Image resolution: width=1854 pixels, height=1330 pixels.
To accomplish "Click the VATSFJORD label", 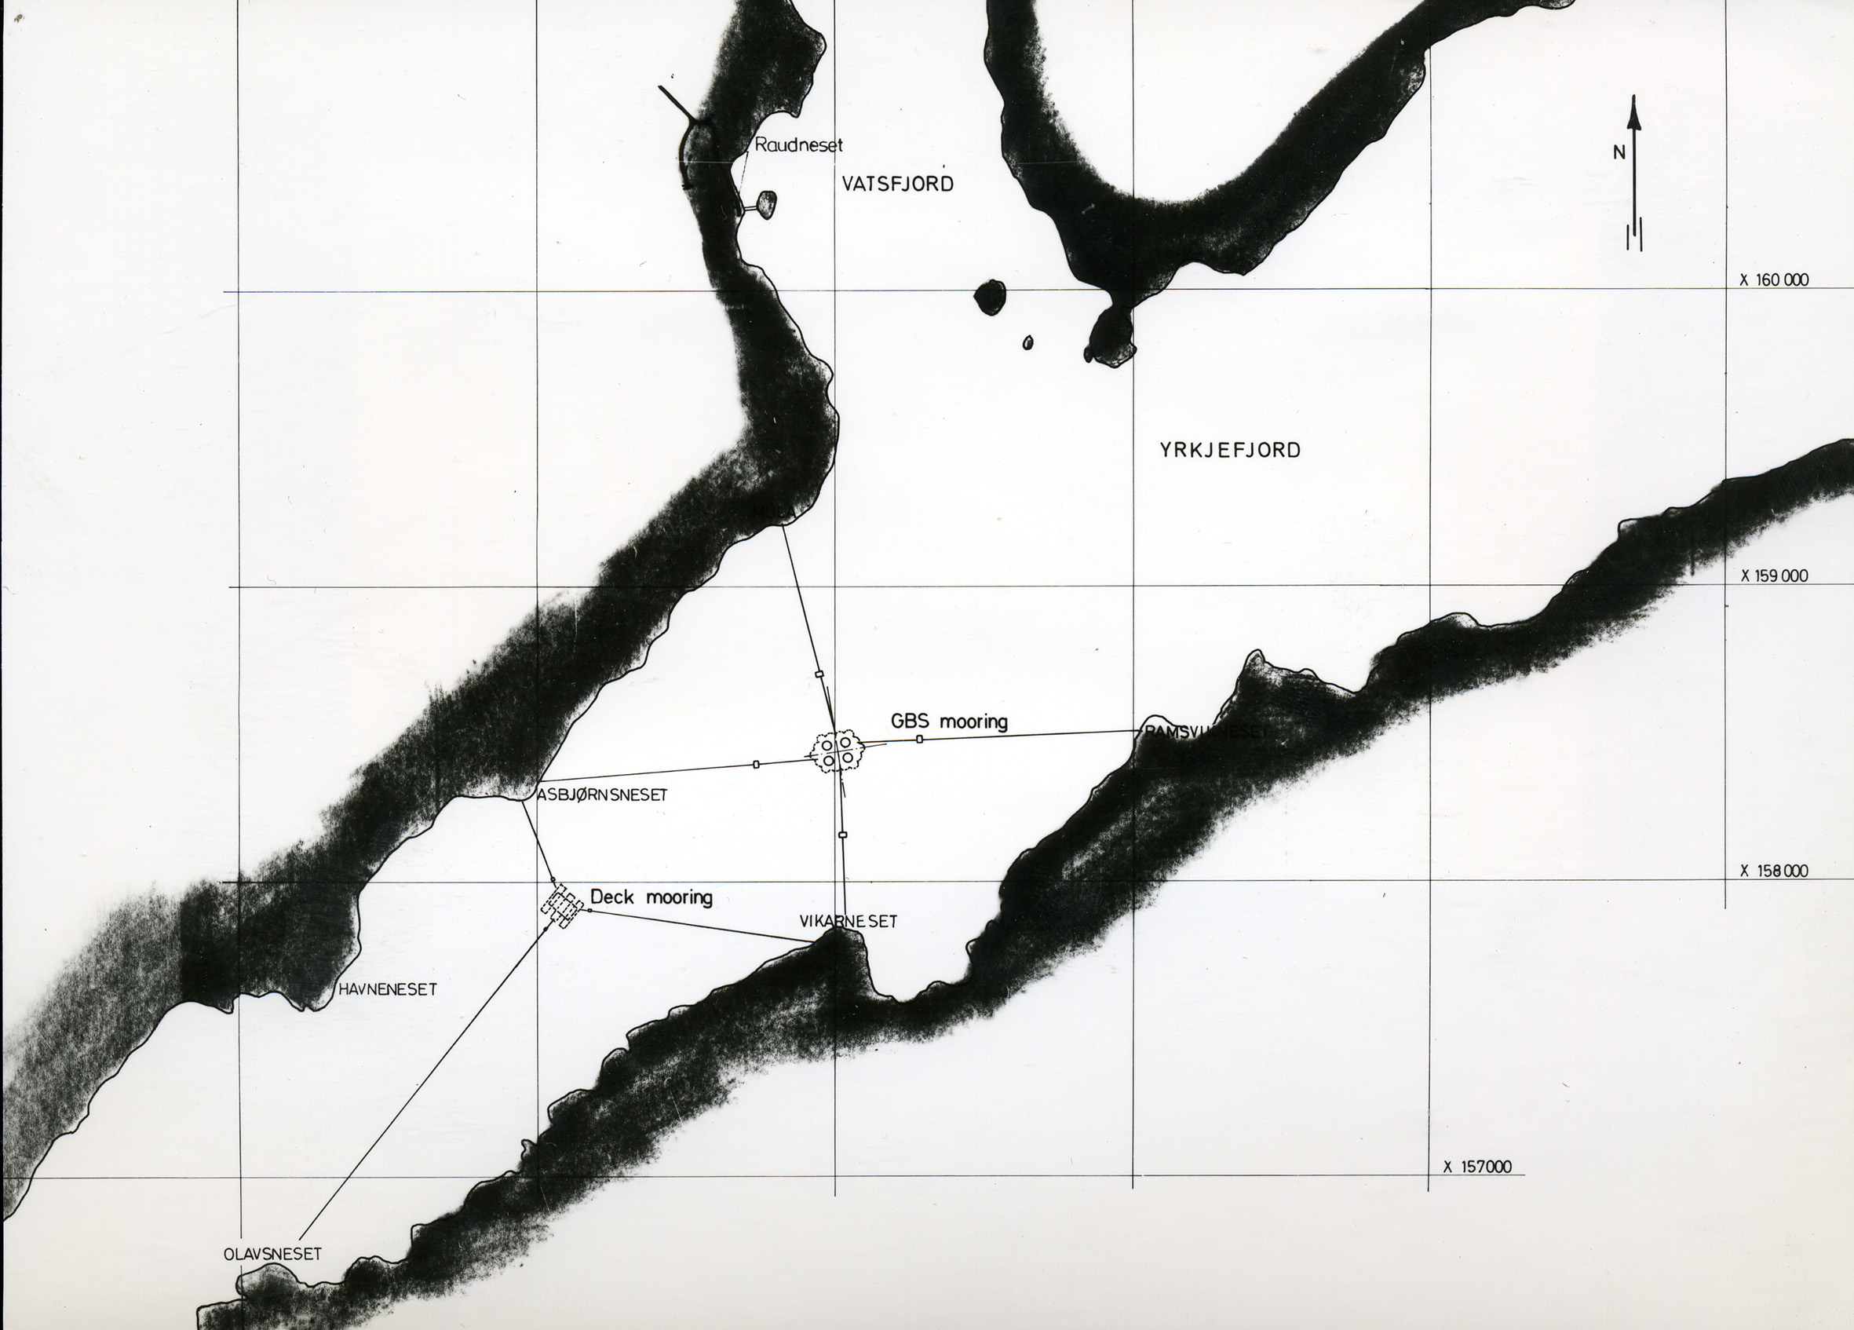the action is [x=898, y=184].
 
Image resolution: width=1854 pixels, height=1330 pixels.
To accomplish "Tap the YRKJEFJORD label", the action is [x=1229, y=450].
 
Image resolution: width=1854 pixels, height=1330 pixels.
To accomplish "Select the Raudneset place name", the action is [x=797, y=144].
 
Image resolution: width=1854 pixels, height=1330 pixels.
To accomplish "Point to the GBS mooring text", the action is [x=949, y=721].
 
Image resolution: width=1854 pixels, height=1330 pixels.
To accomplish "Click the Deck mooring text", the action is [x=651, y=897].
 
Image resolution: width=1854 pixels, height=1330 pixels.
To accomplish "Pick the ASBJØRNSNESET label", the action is [x=603, y=795].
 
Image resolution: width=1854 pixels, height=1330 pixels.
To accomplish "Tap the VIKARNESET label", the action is [x=849, y=921].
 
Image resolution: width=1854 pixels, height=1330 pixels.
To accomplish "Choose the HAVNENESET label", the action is [x=389, y=989].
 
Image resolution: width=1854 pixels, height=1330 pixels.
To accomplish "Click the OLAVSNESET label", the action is [x=272, y=1254].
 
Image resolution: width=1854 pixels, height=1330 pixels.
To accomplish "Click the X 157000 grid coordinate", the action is [x=1476, y=1167].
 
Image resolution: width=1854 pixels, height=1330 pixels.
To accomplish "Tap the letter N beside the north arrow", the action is [x=1619, y=152].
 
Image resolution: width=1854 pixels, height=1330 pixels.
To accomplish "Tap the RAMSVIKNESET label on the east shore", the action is [x=1204, y=733].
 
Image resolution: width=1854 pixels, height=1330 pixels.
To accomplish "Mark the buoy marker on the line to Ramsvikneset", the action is [x=920, y=739].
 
